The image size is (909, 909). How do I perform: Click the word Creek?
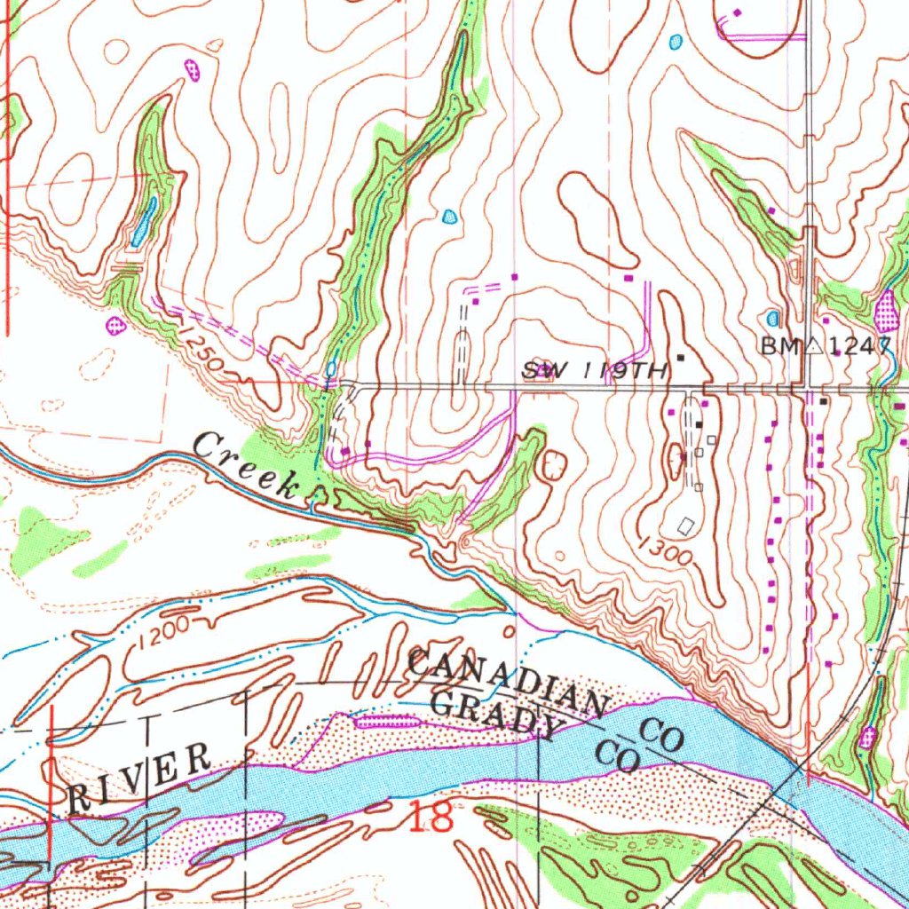tap(249, 463)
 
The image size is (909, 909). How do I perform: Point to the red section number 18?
tap(431, 816)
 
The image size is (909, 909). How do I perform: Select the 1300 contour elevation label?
tap(664, 550)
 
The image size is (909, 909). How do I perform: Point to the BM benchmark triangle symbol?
tap(813, 347)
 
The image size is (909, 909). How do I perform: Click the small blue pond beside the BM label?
tap(772, 318)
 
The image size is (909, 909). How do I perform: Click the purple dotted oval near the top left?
tap(192, 68)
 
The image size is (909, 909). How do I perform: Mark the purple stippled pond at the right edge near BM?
tap(887, 310)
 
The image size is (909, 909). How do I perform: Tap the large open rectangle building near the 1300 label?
tap(684, 526)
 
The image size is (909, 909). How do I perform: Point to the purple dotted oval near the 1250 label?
tap(115, 325)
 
